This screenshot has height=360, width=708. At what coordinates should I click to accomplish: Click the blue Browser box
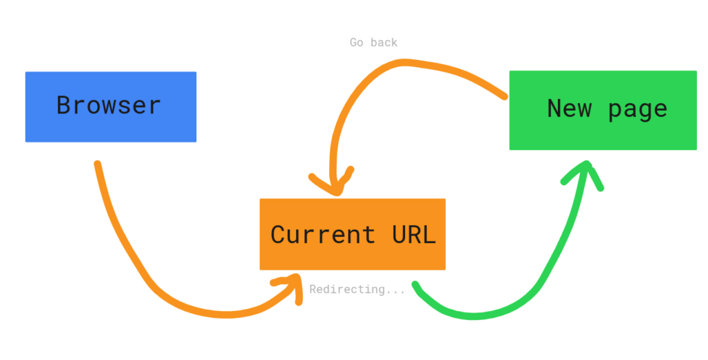(111, 107)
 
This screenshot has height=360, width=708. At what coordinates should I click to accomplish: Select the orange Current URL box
(353, 234)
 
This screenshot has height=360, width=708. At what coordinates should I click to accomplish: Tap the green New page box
(603, 110)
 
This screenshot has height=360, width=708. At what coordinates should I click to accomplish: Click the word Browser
(109, 106)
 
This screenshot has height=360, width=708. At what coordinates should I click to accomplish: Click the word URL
(414, 235)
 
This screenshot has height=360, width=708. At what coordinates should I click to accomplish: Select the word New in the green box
(569, 108)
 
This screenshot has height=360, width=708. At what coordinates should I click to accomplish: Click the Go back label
(373, 43)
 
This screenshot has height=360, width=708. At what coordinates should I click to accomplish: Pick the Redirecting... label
(357, 290)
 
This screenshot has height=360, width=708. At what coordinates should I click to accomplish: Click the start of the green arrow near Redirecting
(415, 285)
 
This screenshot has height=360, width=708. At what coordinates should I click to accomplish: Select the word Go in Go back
(357, 43)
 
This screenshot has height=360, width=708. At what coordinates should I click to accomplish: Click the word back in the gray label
(383, 43)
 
